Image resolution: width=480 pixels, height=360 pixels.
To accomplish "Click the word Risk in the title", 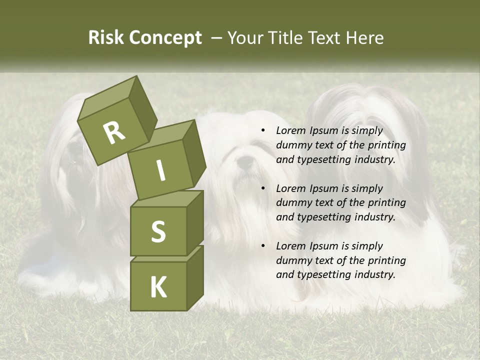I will point(106,38).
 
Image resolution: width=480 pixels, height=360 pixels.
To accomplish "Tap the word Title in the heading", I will point(286,38).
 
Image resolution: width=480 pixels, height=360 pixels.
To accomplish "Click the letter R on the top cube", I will point(114,133).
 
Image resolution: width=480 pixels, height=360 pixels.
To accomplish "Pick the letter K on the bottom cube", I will point(158,287).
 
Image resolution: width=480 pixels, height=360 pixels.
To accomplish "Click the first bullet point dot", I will point(263,130).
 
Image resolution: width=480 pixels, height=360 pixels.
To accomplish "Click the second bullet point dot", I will point(263,188).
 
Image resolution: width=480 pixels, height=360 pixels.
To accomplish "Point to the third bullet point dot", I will point(263,246).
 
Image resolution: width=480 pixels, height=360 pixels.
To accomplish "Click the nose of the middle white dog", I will point(245,161).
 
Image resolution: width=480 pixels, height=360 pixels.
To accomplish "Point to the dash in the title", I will point(217,38).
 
